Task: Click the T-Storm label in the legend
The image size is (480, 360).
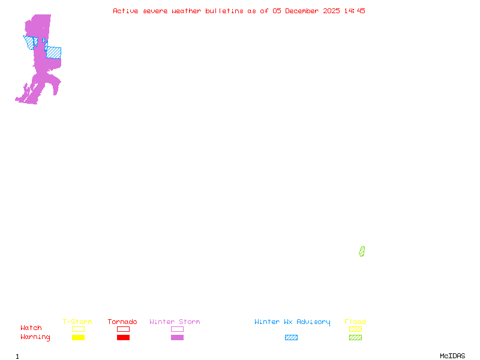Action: click(x=77, y=322)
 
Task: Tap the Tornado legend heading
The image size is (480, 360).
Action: click(x=122, y=322)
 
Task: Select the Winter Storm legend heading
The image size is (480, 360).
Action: click(x=175, y=322)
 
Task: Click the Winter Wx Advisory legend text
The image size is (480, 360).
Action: click(x=292, y=322)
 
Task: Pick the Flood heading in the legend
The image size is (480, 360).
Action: click(x=355, y=322)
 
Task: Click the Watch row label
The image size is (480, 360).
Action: click(x=31, y=328)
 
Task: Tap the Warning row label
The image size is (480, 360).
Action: click(x=35, y=337)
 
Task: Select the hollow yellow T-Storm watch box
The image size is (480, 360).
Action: click(x=78, y=329)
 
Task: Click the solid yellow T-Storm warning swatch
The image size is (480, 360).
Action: click(x=78, y=337)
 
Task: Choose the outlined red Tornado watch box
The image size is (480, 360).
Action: click(x=123, y=329)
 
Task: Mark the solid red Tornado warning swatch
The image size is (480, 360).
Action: click(x=123, y=337)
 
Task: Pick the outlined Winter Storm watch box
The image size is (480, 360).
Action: click(x=177, y=329)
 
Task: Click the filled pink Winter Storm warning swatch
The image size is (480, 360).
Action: click(x=177, y=337)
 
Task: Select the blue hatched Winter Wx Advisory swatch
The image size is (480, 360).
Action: click(x=291, y=337)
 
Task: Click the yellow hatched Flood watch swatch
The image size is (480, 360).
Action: click(x=355, y=329)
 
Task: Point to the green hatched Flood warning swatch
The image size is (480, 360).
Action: click(x=355, y=337)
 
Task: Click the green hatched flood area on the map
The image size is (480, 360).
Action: click(x=362, y=251)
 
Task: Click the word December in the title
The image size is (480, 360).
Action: click(x=304, y=11)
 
